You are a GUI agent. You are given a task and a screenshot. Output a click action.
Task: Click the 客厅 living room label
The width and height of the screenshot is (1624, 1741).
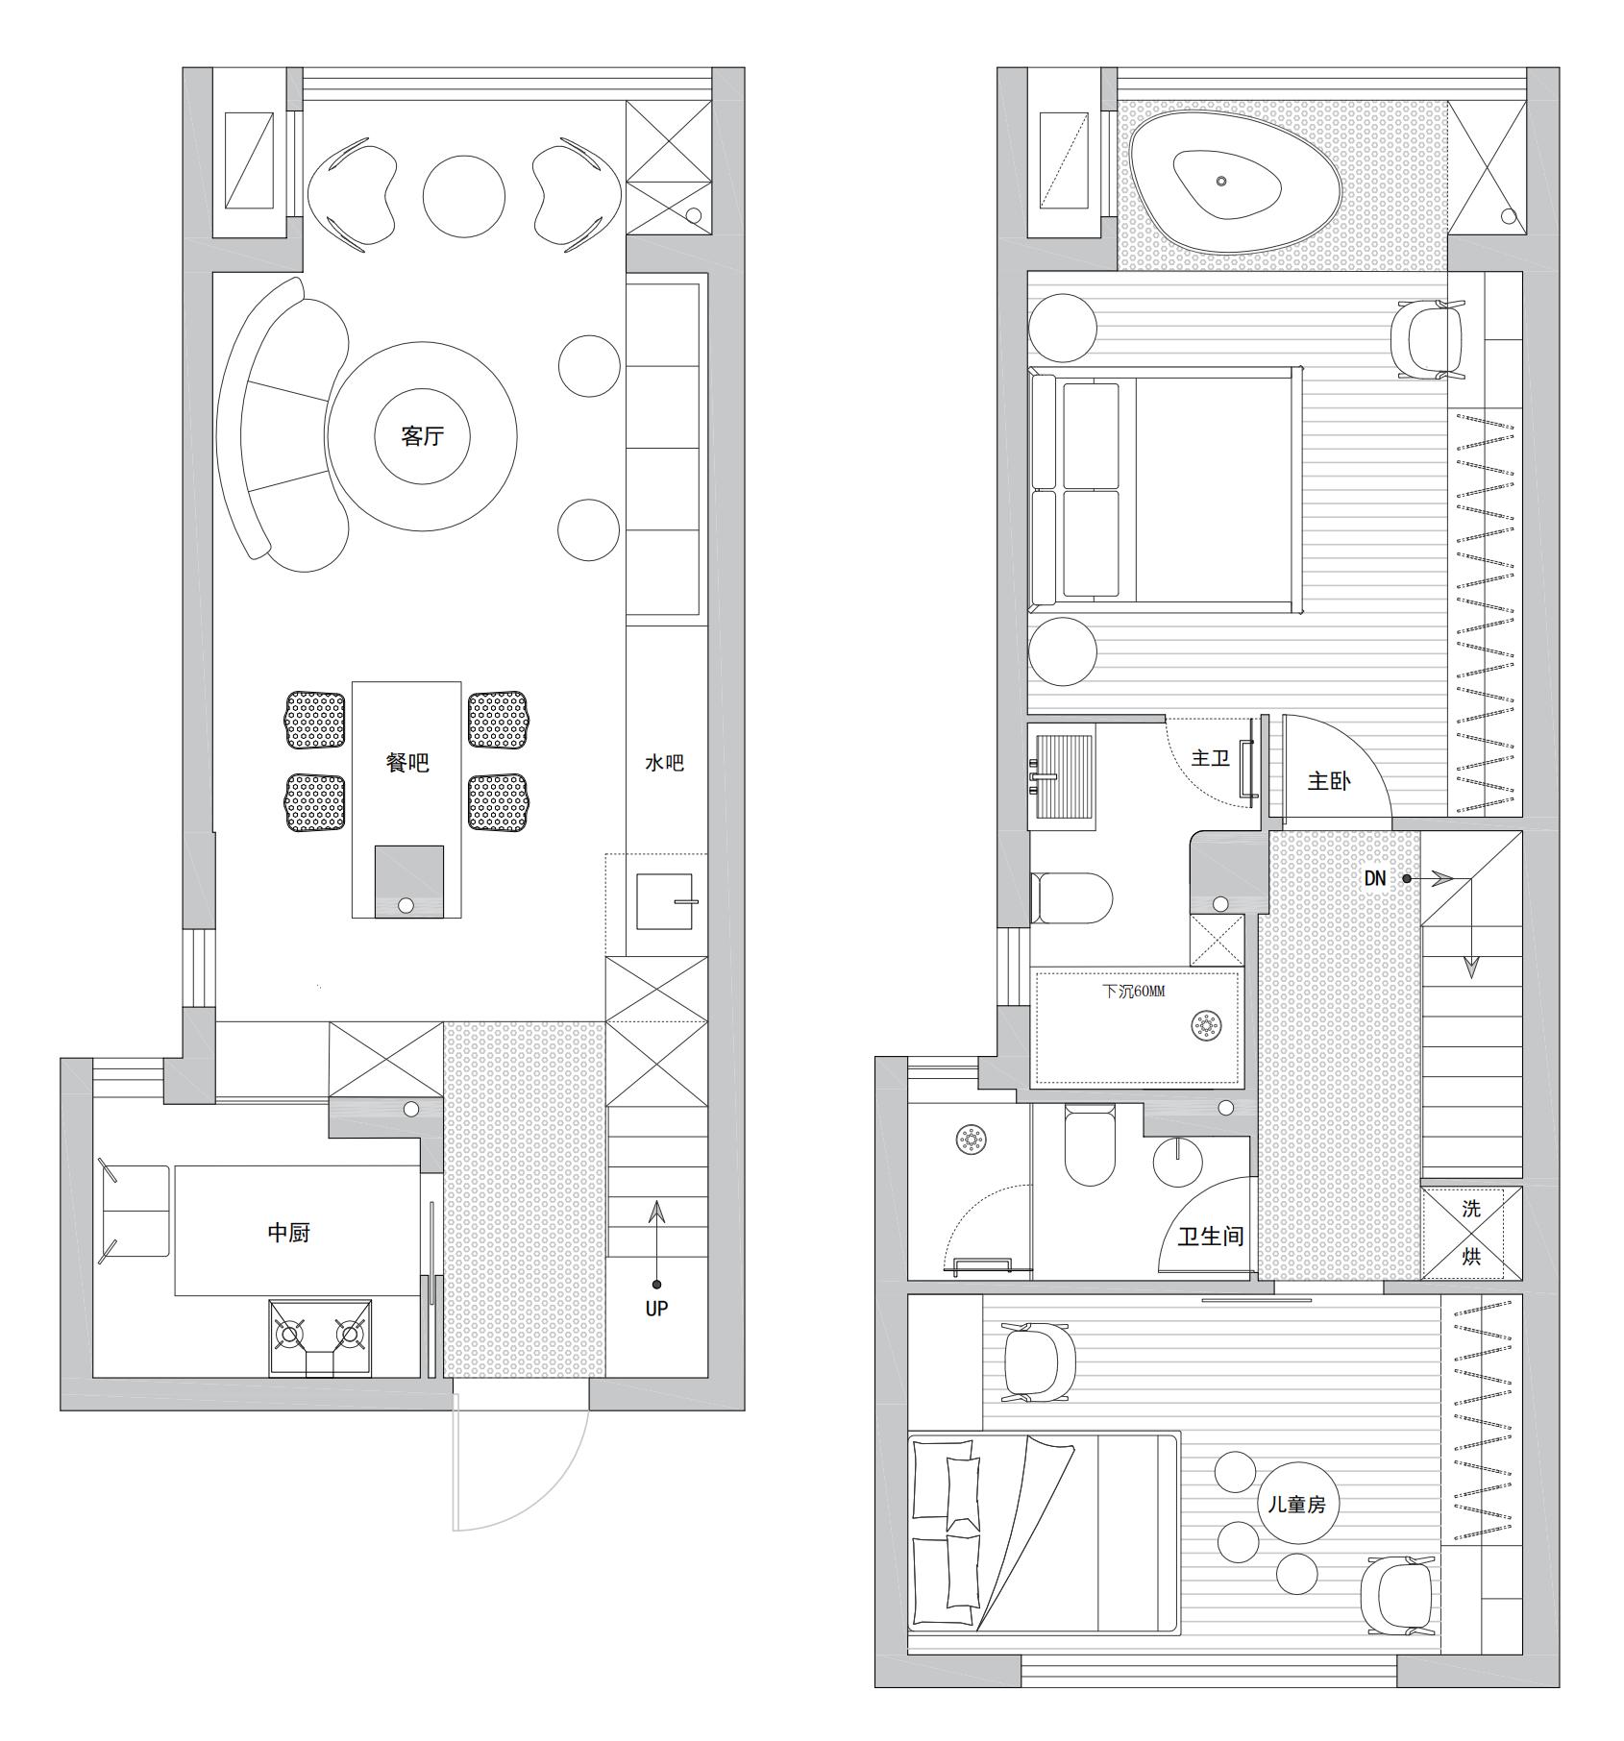click(x=422, y=436)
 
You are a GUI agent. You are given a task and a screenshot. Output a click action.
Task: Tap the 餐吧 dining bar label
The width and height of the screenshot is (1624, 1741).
click(x=406, y=763)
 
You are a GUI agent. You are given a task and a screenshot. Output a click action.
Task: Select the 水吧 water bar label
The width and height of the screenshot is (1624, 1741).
click(x=664, y=764)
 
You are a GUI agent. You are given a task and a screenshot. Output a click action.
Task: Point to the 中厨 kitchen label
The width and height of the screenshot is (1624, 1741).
click(x=288, y=1233)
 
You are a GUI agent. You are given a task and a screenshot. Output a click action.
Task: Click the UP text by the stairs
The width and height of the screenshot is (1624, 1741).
click(x=656, y=1308)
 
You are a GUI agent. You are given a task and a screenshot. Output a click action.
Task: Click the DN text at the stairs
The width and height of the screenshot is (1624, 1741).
click(x=1375, y=878)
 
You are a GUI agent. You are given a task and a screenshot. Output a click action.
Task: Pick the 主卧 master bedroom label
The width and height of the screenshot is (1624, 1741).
click(x=1329, y=781)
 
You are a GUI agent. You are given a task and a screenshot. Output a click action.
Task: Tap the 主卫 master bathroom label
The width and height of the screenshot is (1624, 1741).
click(x=1210, y=759)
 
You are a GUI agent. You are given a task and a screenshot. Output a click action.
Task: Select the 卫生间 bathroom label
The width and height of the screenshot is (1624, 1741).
click(x=1211, y=1236)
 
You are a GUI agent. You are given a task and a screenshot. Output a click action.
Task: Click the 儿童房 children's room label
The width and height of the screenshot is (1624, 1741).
click(x=1296, y=1504)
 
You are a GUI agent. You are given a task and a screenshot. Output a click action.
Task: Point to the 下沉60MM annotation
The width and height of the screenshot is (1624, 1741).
click(x=1133, y=992)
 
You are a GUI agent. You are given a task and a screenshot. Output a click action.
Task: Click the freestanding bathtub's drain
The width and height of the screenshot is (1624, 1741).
click(x=1221, y=181)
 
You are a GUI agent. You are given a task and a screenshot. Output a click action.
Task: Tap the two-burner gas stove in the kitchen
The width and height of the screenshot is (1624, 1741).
click(x=320, y=1338)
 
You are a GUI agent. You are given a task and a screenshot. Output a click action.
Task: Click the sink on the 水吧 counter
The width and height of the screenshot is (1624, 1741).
click(x=665, y=901)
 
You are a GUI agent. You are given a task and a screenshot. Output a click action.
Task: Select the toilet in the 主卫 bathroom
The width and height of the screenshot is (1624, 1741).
click(x=1070, y=898)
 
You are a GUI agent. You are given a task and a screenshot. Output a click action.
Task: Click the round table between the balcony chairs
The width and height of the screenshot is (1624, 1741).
click(x=464, y=196)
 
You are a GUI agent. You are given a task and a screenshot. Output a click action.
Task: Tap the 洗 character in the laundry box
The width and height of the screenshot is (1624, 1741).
click(x=1471, y=1210)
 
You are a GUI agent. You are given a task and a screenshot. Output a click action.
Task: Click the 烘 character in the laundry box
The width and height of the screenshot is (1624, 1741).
click(x=1471, y=1257)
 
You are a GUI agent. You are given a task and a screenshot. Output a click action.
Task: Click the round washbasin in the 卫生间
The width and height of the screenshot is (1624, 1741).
click(x=1177, y=1162)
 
